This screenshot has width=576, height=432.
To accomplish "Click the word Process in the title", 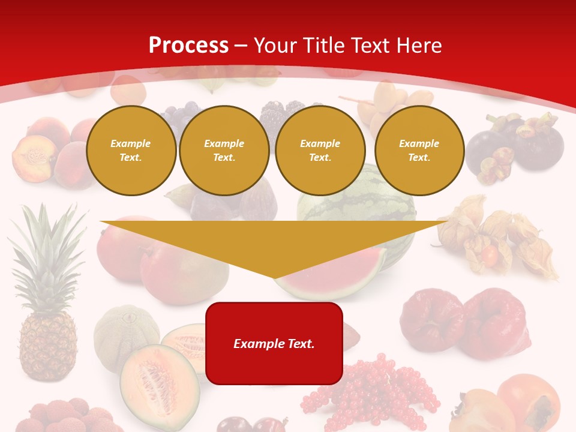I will (188, 46).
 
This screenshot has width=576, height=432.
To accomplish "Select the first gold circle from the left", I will (131, 151).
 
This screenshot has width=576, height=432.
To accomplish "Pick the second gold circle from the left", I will (224, 151).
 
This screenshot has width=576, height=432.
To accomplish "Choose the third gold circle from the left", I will (320, 151).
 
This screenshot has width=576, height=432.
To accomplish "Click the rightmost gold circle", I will (419, 151).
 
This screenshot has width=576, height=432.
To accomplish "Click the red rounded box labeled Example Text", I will (274, 343).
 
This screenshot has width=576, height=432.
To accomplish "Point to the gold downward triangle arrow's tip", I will (274, 277).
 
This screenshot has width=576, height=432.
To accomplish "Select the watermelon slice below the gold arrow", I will (336, 282).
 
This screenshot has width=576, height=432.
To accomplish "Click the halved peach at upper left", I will (33, 157).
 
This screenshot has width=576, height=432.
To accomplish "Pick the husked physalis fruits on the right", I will (498, 240).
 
